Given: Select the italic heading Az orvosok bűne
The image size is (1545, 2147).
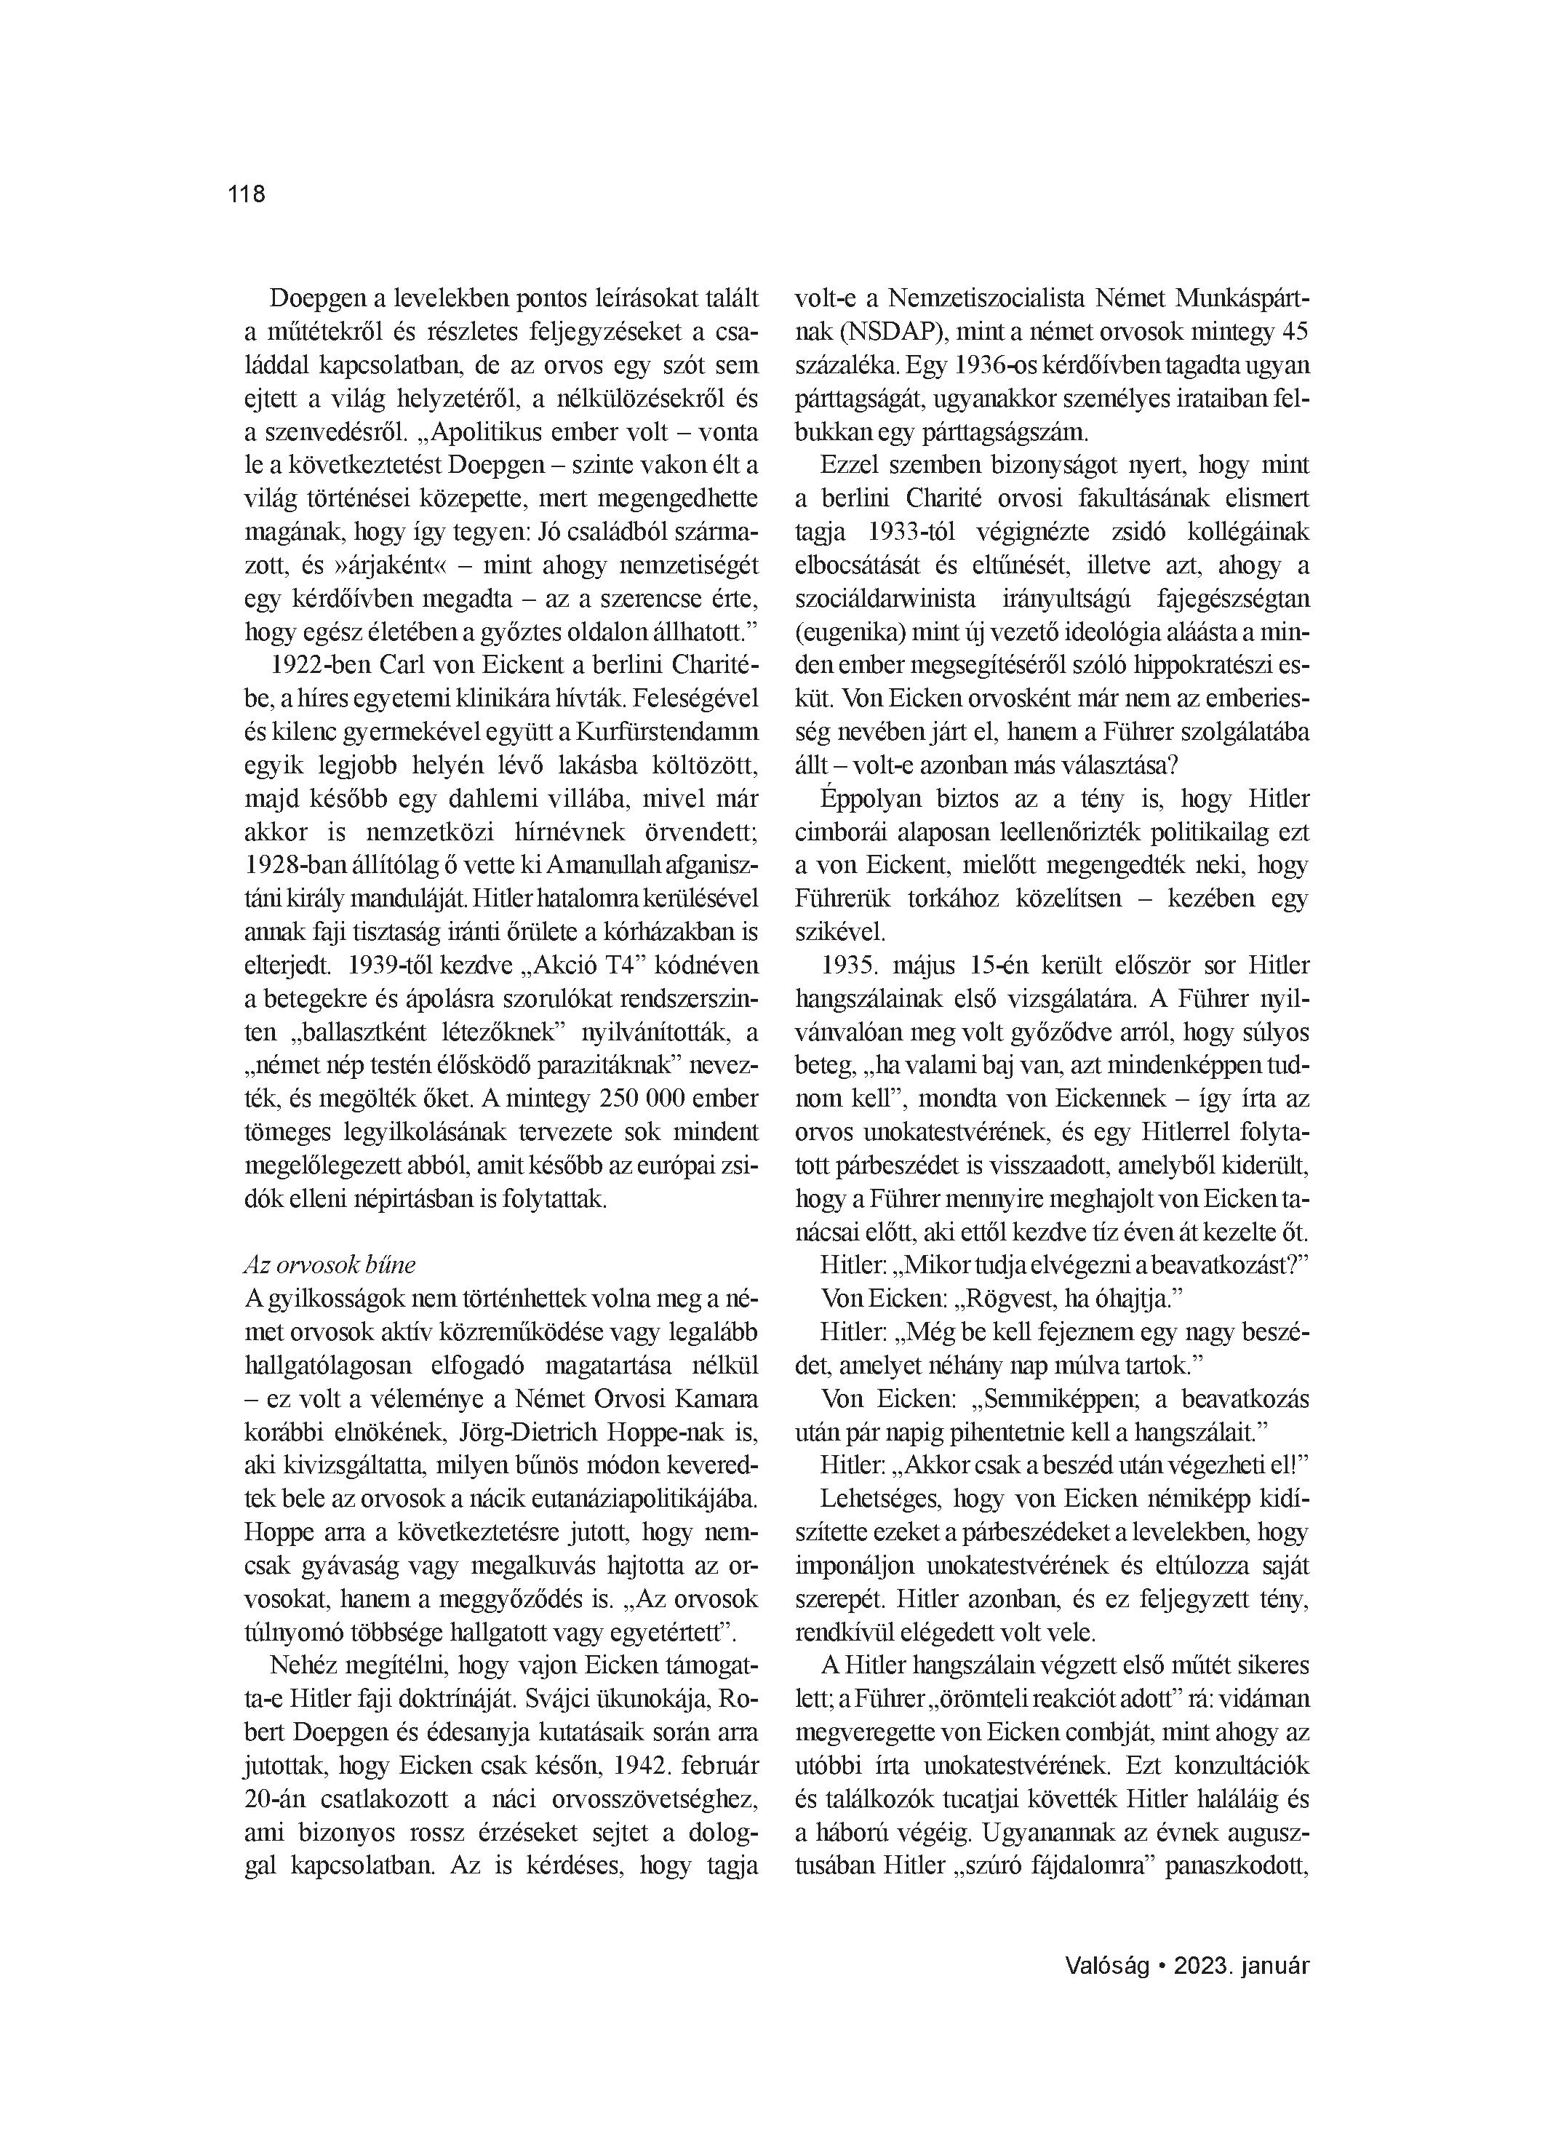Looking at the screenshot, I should click(330, 1264).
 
